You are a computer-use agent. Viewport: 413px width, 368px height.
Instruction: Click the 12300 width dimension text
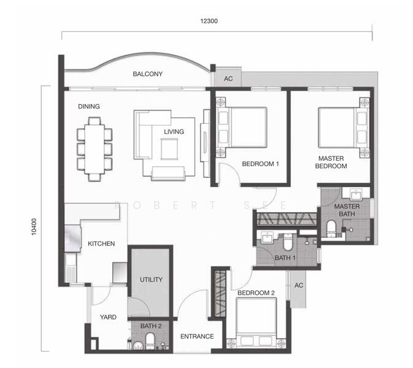pos(209,21)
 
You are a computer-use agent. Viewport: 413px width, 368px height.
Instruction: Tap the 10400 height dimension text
pos(34,227)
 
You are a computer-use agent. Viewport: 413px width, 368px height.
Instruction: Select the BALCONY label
pos(147,74)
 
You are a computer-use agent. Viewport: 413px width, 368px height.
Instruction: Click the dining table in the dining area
pos(95,149)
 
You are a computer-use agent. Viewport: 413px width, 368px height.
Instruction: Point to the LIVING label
pos(174,132)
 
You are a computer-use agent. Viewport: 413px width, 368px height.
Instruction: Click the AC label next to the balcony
pos(228,79)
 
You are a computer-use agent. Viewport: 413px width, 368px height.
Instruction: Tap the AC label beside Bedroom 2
pos(299,285)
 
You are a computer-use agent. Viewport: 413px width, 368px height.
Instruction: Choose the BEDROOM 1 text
pos(260,164)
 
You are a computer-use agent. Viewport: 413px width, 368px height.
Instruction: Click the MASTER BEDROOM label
pos(331,162)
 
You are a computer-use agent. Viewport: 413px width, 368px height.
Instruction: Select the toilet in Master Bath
pos(331,228)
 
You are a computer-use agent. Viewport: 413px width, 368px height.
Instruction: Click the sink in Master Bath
pos(356,195)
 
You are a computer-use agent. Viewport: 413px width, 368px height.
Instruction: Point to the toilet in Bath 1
pos(288,242)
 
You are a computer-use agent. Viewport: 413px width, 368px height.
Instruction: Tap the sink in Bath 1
pos(267,238)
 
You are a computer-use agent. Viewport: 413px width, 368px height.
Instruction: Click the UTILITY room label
pos(151,280)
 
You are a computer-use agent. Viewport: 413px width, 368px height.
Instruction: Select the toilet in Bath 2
pos(150,340)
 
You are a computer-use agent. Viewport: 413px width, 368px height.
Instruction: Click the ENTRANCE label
pos(197,336)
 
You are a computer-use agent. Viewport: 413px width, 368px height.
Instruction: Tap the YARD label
pos(108,317)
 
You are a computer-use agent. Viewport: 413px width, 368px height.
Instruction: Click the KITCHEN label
pos(101,243)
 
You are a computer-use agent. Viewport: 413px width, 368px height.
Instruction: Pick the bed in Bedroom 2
pos(257,323)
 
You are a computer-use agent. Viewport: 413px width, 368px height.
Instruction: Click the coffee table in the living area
pos(169,149)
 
